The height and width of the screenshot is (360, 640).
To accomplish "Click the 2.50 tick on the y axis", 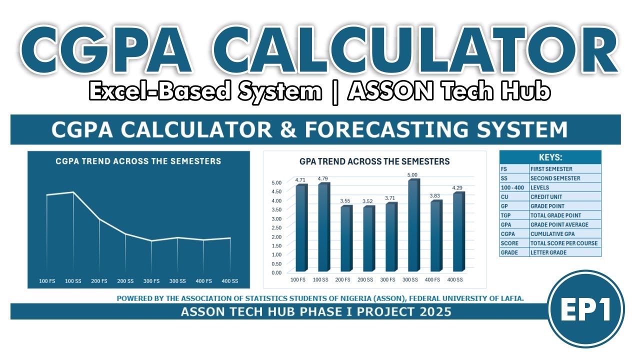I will tap(276, 227).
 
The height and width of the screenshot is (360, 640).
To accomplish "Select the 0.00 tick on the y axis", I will tap(276, 272).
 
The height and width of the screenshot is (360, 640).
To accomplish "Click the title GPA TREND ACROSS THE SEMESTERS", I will tap(374, 161).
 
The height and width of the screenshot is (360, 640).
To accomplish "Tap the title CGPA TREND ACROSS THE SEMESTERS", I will tap(138, 161).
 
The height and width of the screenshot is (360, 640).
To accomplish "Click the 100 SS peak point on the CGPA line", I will tap(73, 192).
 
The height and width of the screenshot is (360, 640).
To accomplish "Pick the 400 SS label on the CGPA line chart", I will tap(230, 281).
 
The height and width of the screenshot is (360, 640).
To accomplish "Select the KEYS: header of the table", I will tap(550, 156).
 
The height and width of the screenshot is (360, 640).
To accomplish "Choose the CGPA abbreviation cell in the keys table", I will tap(514, 234).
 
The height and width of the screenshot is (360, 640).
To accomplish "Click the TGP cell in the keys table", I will tap(514, 215).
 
